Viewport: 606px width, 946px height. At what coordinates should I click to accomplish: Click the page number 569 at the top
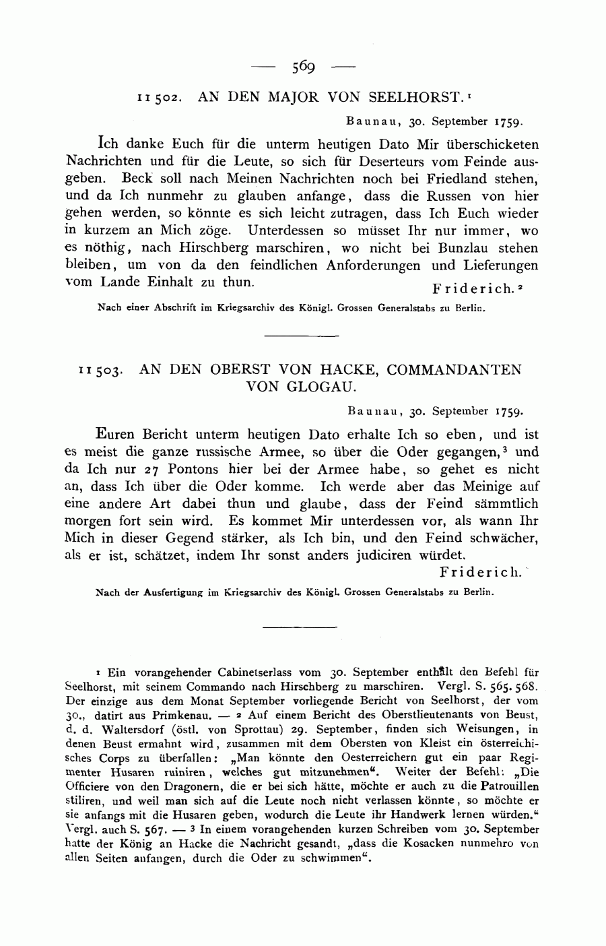pos(304,66)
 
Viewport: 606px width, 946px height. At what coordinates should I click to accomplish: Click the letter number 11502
pos(158,98)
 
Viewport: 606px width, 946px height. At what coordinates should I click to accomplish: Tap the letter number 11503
pos(100,371)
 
